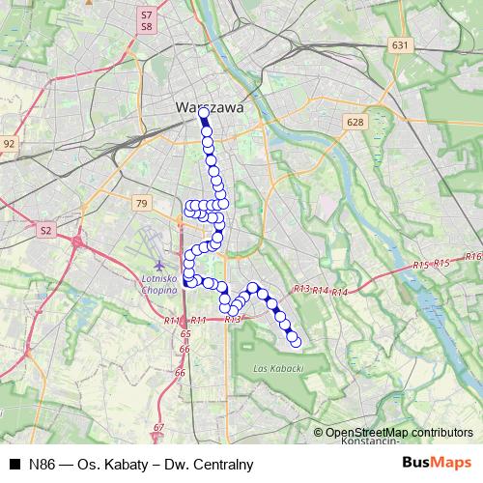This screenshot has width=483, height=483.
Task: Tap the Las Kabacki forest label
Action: click(x=278, y=368)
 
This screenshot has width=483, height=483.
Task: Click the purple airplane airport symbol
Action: click(x=160, y=265)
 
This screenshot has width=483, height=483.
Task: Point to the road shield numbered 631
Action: click(x=401, y=45)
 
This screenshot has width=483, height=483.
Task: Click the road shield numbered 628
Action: click(x=355, y=123)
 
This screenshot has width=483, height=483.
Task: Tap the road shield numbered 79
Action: click(x=142, y=203)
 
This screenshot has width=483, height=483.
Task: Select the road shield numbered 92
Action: click(x=10, y=144)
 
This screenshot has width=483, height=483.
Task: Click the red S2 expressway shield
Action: click(x=45, y=230)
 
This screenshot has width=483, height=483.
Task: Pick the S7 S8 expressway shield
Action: click(x=147, y=21)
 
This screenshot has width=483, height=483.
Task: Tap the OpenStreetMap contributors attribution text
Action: click(x=398, y=432)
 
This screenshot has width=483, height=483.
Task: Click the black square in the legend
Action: click(x=14, y=464)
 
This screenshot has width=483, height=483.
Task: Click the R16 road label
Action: click(x=472, y=256)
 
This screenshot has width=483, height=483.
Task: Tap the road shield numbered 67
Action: click(x=159, y=427)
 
